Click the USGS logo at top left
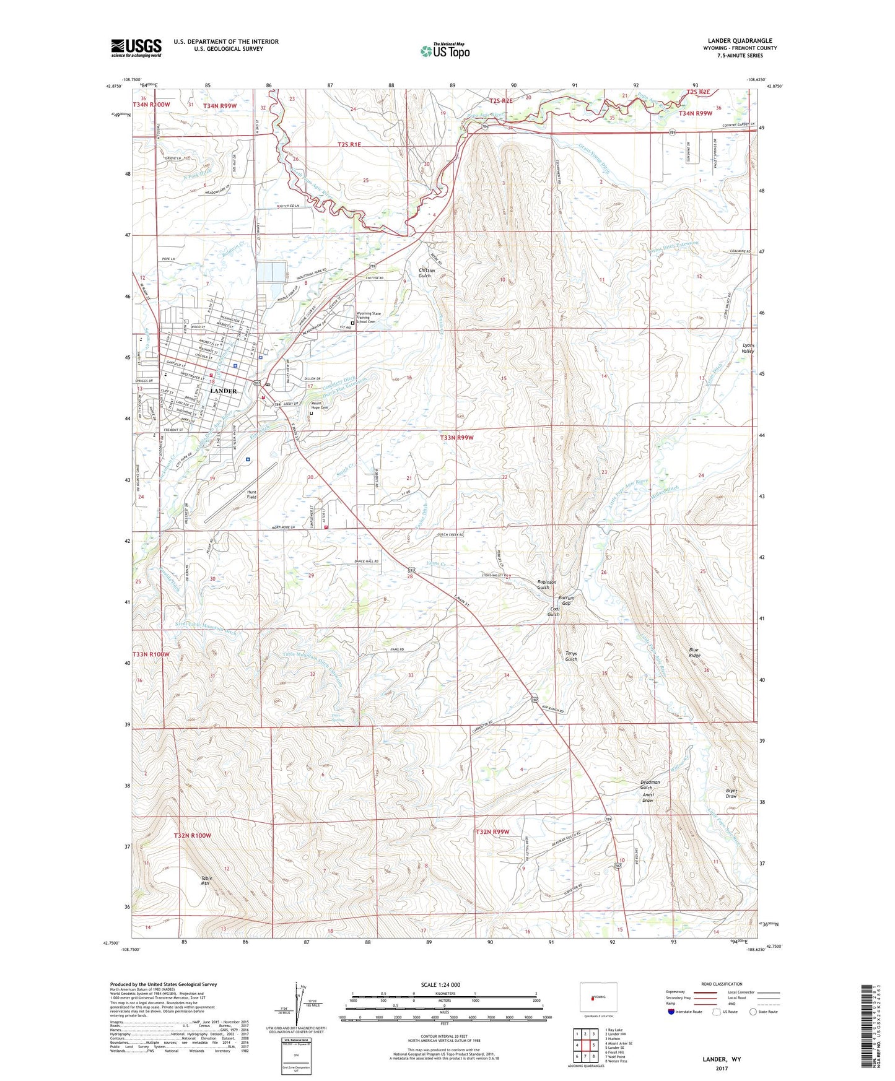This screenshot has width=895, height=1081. [x=136, y=47]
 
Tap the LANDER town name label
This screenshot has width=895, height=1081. [x=223, y=391]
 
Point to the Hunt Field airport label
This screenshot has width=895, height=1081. [x=251, y=495]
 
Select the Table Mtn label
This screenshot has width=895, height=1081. [x=205, y=881]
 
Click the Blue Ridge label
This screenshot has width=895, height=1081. [x=695, y=653]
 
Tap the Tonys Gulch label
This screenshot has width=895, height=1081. [x=570, y=656]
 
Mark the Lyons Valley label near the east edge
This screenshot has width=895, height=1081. [x=748, y=348]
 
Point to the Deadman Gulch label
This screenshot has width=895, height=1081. [x=650, y=784]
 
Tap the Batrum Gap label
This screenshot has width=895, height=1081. [x=566, y=601]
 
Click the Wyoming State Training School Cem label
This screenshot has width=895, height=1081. [x=369, y=318]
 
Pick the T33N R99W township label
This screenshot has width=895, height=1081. [x=457, y=437]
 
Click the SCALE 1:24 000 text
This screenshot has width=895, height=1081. [x=440, y=985]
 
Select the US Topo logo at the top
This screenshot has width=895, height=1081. [x=444, y=51]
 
